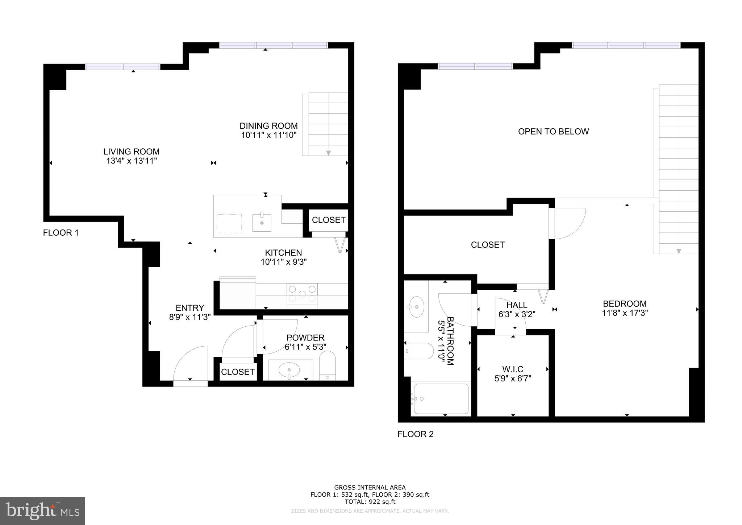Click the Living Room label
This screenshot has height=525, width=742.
[x=131, y=152]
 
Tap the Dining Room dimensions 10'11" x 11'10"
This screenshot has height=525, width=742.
[x=269, y=135]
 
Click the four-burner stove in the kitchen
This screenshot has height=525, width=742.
[x=302, y=294]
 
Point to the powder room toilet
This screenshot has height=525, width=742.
[x=328, y=365]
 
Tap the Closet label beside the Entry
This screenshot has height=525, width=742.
[x=238, y=372]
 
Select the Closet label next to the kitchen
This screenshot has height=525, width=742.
[x=329, y=220]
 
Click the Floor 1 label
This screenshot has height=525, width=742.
[x=61, y=233]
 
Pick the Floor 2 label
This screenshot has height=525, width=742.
[x=416, y=434]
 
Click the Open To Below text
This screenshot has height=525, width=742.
[x=553, y=132]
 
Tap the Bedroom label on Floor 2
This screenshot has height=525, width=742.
[x=625, y=304]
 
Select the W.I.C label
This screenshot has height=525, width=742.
[x=513, y=369]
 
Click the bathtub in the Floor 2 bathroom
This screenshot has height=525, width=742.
[x=441, y=399]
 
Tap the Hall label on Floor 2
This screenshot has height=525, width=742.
[x=517, y=305]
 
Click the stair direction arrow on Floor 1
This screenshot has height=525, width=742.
[x=328, y=153]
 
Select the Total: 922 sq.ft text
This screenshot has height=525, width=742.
[x=370, y=502]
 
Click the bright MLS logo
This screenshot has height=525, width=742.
[x=42, y=511]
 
